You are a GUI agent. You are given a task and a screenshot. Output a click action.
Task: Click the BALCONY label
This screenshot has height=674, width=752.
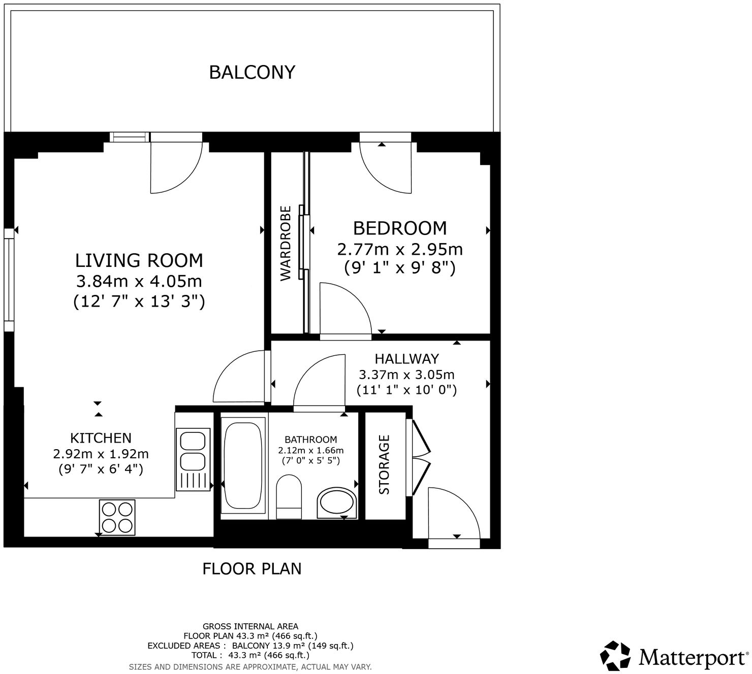(x=252, y=72)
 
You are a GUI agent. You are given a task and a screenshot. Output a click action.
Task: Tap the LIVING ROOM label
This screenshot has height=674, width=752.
(x=139, y=260)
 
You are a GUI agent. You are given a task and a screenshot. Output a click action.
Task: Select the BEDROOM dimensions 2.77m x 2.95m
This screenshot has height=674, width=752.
(x=400, y=249)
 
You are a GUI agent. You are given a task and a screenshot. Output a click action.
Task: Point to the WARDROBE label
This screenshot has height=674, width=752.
(x=285, y=243)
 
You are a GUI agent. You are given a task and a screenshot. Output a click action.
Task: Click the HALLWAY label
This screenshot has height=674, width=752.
(x=407, y=358)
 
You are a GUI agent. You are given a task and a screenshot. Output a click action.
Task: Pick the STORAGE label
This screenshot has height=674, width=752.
(x=384, y=464)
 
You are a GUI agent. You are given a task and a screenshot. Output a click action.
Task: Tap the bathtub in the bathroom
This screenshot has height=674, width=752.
(x=243, y=466)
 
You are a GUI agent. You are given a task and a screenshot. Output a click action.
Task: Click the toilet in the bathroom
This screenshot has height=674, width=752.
(x=289, y=496)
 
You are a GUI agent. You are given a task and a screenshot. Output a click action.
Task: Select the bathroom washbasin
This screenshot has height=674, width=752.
(x=337, y=503)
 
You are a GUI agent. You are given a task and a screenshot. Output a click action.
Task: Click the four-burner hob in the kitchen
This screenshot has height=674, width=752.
(x=117, y=517)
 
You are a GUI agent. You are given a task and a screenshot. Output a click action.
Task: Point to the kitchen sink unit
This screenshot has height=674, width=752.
(x=193, y=460)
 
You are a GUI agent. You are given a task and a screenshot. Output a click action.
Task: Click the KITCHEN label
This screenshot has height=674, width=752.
(x=101, y=438)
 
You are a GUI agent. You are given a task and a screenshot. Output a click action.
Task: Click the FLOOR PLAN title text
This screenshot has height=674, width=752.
(x=252, y=568)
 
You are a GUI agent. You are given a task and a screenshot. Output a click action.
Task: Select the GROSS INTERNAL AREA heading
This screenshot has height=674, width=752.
(x=250, y=626)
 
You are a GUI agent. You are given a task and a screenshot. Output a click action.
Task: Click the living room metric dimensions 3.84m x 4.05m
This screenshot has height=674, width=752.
(x=139, y=281)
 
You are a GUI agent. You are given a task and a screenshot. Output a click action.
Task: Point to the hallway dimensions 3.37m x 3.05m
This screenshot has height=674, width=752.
(x=407, y=375)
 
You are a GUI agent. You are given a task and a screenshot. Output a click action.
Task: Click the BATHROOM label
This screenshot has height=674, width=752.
(x=311, y=440)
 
